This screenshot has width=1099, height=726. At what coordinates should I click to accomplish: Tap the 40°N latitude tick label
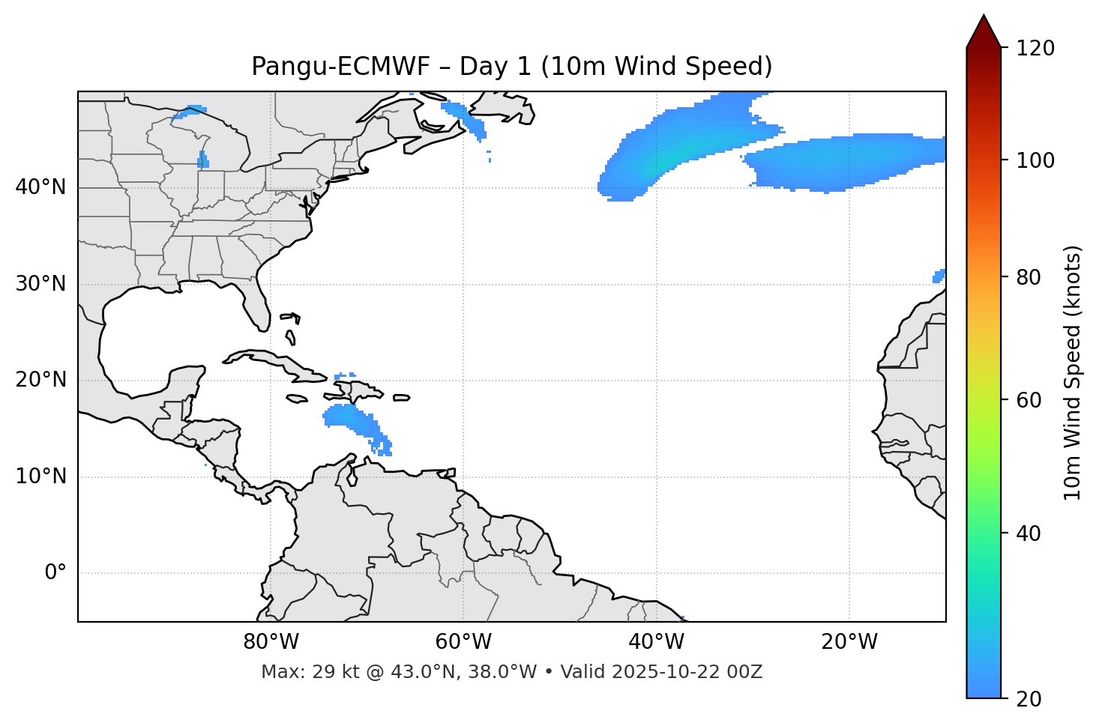point(40,187)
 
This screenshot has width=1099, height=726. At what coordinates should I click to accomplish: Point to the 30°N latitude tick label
point(40,284)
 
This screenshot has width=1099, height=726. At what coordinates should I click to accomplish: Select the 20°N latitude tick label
point(40,380)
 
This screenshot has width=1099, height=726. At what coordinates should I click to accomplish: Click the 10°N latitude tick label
point(40,477)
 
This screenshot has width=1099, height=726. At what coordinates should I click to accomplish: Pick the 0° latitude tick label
point(55,573)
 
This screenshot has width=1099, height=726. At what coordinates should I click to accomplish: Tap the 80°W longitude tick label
point(271,642)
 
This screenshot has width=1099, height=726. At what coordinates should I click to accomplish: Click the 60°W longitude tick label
point(463,642)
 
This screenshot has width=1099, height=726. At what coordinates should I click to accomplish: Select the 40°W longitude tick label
point(656,642)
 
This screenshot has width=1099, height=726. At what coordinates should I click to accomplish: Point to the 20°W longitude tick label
point(849,642)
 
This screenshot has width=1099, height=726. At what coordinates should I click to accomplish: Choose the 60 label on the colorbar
point(1029,400)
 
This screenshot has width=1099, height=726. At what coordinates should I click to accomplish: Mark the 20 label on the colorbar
point(1029,699)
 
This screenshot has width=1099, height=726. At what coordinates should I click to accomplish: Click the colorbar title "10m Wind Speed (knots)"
point(1073,372)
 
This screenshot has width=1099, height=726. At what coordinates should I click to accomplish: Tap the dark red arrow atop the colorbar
point(984,31)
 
